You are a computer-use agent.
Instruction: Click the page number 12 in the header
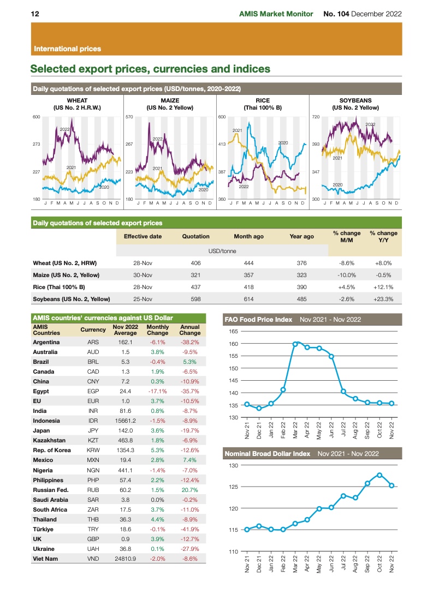click(x=34, y=14)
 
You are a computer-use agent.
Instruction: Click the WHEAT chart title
click(x=76, y=101)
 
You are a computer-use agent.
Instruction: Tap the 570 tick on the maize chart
click(x=129, y=117)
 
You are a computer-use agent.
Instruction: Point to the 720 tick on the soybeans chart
click(x=315, y=117)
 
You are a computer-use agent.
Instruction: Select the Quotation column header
click(x=195, y=236)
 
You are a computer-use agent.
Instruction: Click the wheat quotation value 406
click(x=195, y=263)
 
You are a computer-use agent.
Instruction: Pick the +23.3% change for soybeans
click(x=383, y=299)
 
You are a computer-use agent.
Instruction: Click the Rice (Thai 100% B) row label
click(x=61, y=287)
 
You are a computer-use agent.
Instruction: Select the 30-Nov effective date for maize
click(x=143, y=275)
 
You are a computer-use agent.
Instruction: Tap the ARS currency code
click(x=93, y=342)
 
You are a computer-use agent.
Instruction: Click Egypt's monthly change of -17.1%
click(x=157, y=391)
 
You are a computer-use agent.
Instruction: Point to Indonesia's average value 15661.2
click(x=125, y=421)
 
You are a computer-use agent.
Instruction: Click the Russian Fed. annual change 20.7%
click(x=189, y=490)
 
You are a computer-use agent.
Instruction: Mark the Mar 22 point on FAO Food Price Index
click(x=295, y=344)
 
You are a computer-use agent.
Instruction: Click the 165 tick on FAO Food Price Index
click(x=234, y=332)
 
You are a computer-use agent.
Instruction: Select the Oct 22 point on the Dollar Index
click(x=379, y=475)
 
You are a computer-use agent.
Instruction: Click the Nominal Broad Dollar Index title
click(x=267, y=453)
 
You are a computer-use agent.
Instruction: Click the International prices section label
click(x=67, y=49)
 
